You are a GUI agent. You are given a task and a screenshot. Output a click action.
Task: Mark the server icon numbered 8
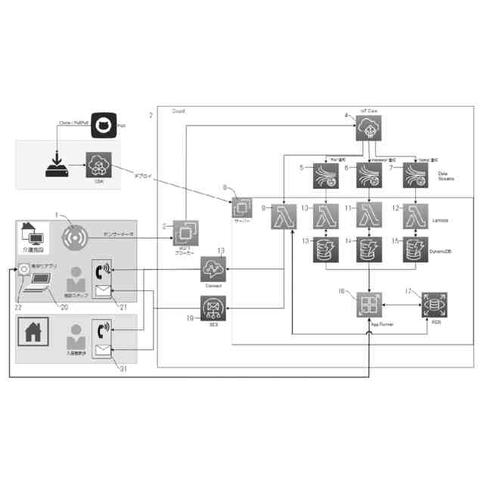[x=244, y=206]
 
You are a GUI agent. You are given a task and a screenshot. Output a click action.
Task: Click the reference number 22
[x=19, y=307]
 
